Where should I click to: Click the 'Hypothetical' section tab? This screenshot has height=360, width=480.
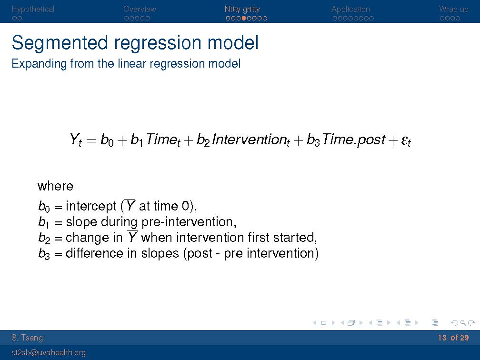click(x=33, y=10)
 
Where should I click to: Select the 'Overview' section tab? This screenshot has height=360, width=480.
click(x=140, y=9)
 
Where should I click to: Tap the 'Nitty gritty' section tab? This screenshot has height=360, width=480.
click(x=242, y=10)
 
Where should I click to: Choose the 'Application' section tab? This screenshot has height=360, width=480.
click(x=350, y=10)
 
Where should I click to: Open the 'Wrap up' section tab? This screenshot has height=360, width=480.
click(x=453, y=10)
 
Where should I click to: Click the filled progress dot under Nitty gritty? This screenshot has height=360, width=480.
click(x=244, y=19)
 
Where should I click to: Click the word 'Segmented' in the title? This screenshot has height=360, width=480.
click(x=60, y=43)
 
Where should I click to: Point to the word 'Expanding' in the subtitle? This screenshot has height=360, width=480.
click(x=39, y=64)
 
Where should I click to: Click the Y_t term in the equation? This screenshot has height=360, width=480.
click(x=76, y=140)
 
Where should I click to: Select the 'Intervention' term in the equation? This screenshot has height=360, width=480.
click(x=250, y=140)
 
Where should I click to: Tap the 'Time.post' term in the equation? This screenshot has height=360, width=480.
click(x=353, y=140)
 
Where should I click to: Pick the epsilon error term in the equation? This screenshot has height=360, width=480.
click(x=406, y=141)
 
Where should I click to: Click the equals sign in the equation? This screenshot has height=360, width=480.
click(x=91, y=140)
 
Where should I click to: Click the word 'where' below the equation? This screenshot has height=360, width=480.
click(x=55, y=186)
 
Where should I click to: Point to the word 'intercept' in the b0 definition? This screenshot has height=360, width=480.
click(x=91, y=206)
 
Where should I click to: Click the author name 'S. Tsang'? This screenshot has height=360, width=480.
click(x=27, y=338)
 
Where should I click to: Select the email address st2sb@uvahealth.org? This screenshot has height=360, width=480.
click(x=49, y=353)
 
